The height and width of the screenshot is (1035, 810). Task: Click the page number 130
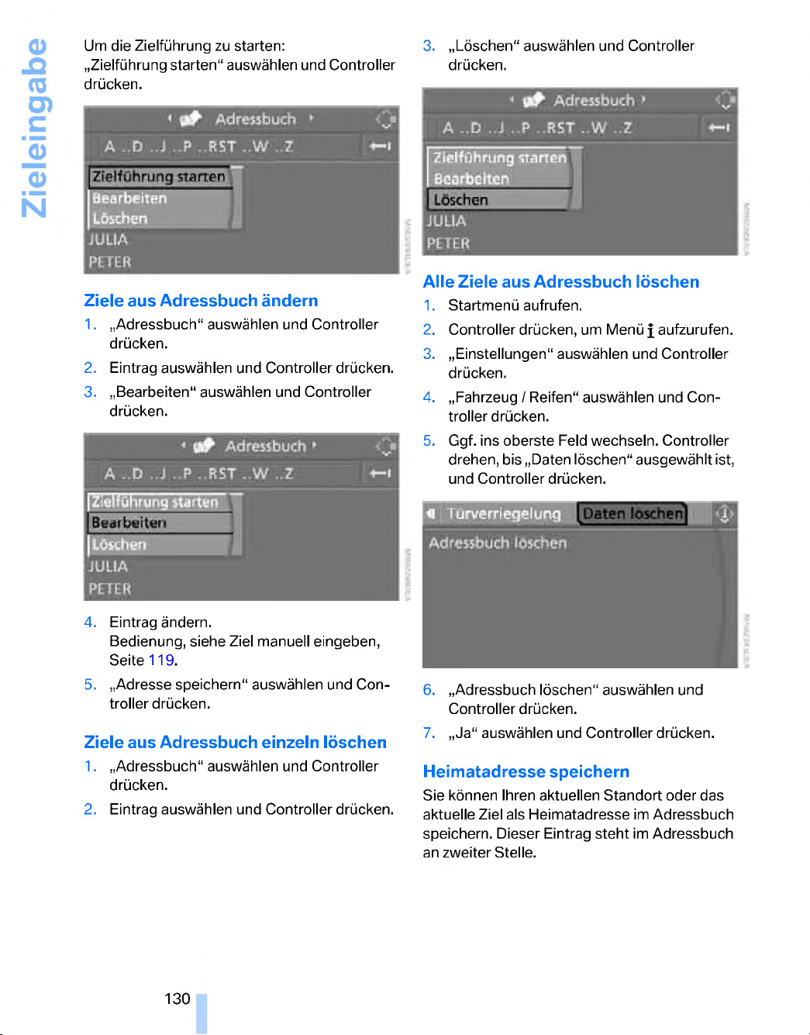[x=177, y=999]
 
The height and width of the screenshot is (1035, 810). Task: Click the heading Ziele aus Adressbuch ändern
[x=201, y=301]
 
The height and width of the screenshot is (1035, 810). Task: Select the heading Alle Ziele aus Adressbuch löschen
[x=560, y=282]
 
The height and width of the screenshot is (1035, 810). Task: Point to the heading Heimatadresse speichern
[x=526, y=772]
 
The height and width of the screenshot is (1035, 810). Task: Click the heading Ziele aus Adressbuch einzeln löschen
[x=235, y=743]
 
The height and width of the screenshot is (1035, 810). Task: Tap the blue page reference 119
[x=161, y=661]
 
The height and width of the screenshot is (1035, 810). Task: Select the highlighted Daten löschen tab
[x=632, y=514]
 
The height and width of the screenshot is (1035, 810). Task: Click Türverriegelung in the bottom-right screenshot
[x=503, y=514]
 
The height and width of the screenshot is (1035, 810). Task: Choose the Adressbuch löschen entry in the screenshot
[x=498, y=543]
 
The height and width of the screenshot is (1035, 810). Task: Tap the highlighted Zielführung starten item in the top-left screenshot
[x=159, y=177]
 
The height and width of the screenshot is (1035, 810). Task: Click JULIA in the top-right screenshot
[x=446, y=222]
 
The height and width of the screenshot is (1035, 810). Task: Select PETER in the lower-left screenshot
[x=110, y=589]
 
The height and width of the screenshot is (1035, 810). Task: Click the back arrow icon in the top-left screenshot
[x=380, y=146]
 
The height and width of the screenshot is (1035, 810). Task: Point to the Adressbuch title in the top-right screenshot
[x=594, y=101]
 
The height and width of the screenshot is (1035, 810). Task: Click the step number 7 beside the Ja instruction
[x=429, y=733]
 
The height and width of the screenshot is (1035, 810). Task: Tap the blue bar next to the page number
[x=202, y=1013]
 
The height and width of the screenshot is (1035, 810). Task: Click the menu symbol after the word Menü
[x=650, y=331]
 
